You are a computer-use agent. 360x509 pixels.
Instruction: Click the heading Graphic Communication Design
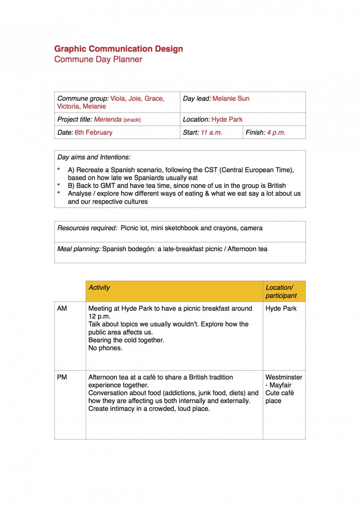(x=118, y=49)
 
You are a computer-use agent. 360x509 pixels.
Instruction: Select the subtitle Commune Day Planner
(x=98, y=59)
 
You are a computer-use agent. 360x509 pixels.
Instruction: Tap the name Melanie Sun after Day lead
(x=231, y=98)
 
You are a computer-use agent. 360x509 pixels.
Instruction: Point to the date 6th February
(x=93, y=132)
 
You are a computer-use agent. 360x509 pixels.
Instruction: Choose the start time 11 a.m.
(x=211, y=132)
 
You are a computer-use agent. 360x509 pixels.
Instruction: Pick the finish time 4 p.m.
(x=276, y=132)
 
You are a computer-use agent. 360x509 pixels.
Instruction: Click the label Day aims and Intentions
(x=94, y=157)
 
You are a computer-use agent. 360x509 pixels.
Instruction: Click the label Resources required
(x=87, y=228)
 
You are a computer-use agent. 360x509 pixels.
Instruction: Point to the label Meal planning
(x=79, y=249)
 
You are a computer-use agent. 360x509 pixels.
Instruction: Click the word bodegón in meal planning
(x=141, y=249)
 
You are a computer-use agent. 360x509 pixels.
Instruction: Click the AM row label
(x=62, y=308)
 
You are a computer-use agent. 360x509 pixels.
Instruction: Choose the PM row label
(x=62, y=377)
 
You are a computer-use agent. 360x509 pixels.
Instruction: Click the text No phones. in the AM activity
(x=105, y=348)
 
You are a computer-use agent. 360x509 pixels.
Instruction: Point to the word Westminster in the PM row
(x=284, y=377)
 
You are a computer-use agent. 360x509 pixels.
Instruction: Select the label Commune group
(x=83, y=98)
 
